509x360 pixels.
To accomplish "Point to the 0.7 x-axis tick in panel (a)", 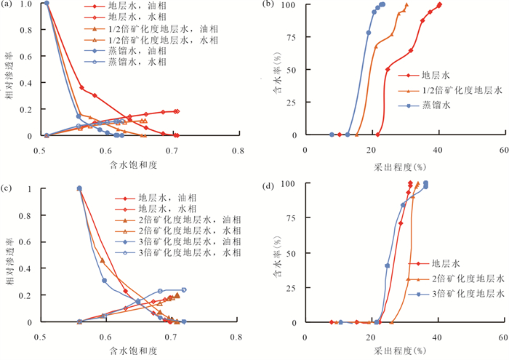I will click(x=172, y=151).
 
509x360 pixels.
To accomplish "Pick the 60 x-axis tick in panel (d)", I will click(x=502, y=337).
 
